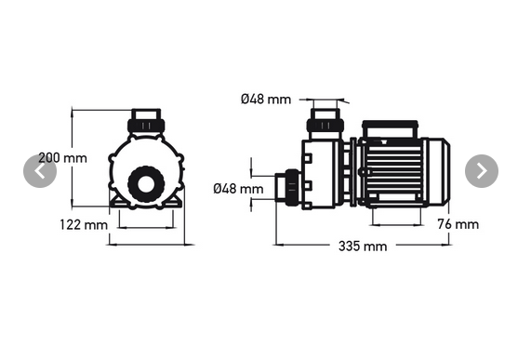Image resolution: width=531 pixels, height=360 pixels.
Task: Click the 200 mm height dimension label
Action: click(62, 158)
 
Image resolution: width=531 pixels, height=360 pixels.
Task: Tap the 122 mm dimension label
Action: click(84, 225)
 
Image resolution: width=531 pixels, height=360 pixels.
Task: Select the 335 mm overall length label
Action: click(363, 247)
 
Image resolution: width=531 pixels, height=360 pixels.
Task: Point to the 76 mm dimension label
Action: click(458, 224)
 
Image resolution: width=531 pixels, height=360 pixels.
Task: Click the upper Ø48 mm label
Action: click(266, 100)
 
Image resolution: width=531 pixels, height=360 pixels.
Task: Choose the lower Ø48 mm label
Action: click(238, 189)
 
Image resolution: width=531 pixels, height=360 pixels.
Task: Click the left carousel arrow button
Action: click(40, 171)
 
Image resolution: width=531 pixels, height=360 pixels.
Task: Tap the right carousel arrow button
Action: click(482, 171)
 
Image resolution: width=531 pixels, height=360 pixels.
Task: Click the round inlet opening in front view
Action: click(146, 184)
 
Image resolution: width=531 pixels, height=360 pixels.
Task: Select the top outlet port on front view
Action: click(146, 121)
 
